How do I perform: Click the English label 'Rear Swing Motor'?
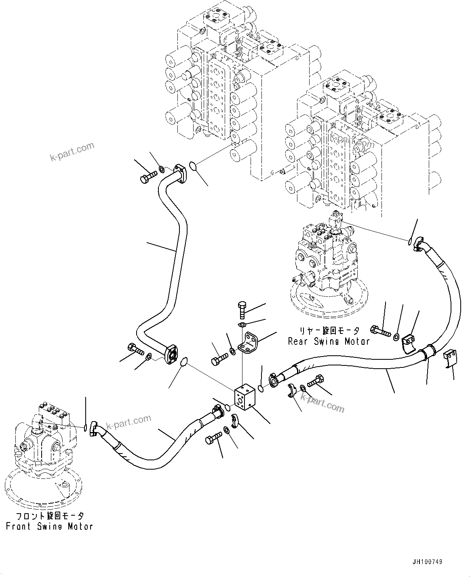[329, 341]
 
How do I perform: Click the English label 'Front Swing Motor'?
[49, 527]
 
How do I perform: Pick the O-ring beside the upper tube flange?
[194, 166]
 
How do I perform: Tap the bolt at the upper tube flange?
[148, 177]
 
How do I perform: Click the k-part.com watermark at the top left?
[72, 151]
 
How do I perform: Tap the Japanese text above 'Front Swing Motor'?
[50, 516]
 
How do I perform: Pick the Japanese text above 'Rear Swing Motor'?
[329, 331]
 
